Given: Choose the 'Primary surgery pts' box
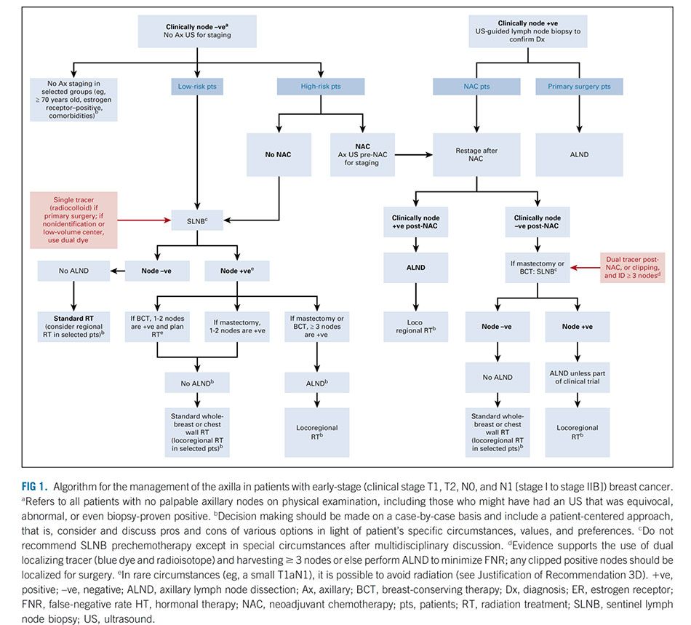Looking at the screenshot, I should coord(579,87).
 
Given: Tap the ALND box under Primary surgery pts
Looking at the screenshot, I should coord(579,155).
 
